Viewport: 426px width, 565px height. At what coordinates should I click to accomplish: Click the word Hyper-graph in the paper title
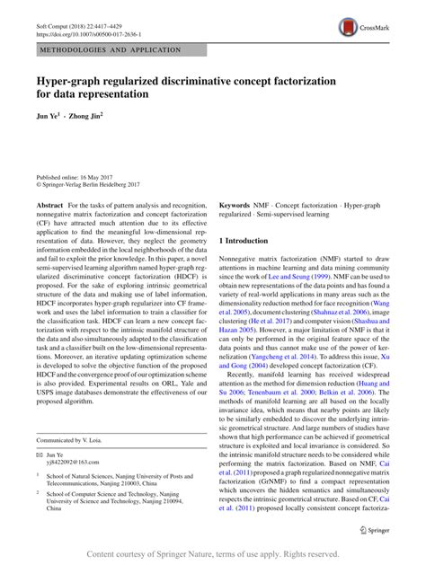(x=71, y=81)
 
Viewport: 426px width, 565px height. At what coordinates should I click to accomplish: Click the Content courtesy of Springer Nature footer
(x=213, y=553)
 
